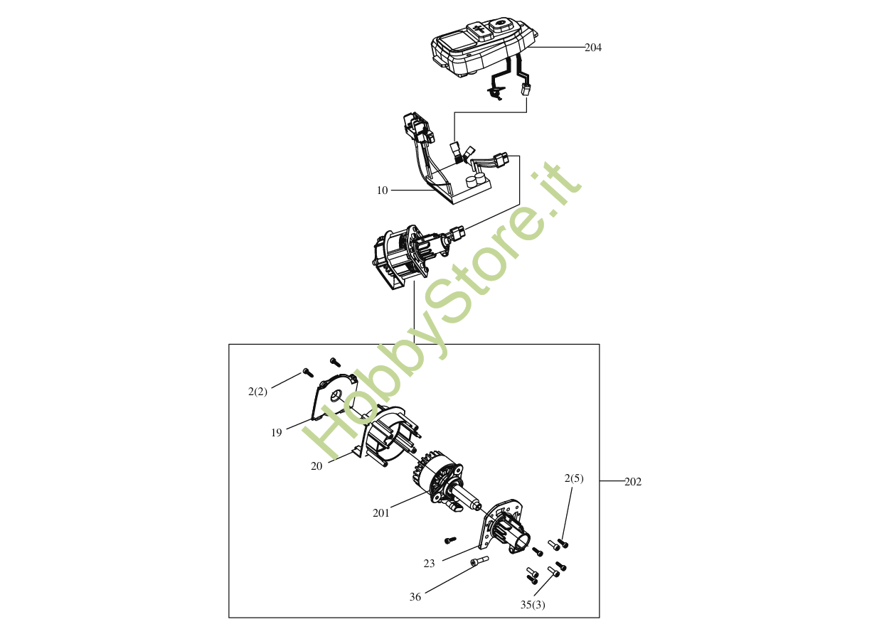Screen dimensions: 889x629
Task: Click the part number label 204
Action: (x=593, y=48)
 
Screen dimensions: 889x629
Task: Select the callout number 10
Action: (x=383, y=190)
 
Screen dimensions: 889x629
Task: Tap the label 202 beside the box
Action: (x=633, y=482)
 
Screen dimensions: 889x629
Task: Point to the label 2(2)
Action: (x=257, y=392)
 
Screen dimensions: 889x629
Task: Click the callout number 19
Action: (x=277, y=432)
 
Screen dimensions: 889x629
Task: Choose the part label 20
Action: (x=316, y=466)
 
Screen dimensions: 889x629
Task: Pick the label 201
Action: (x=381, y=512)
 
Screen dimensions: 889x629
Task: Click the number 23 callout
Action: (x=429, y=564)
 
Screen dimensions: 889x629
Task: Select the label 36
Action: (x=415, y=597)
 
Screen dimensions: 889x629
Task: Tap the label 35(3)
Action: (x=533, y=605)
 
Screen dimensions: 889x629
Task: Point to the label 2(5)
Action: (x=574, y=478)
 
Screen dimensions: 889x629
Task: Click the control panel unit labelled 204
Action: (x=484, y=46)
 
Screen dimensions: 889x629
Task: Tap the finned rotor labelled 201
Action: (x=437, y=480)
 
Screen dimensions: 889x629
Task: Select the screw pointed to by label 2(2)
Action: (x=307, y=372)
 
